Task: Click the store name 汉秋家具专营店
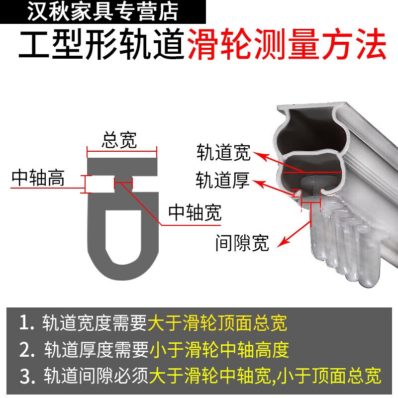coord(102,11)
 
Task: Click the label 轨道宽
coord(223,152)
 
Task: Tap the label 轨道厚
coord(222,180)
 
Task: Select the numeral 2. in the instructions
coord(26,350)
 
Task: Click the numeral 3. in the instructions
coord(26,376)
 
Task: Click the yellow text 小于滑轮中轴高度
coord(219,350)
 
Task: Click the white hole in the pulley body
coord(122,234)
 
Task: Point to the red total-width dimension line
coord(122,151)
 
